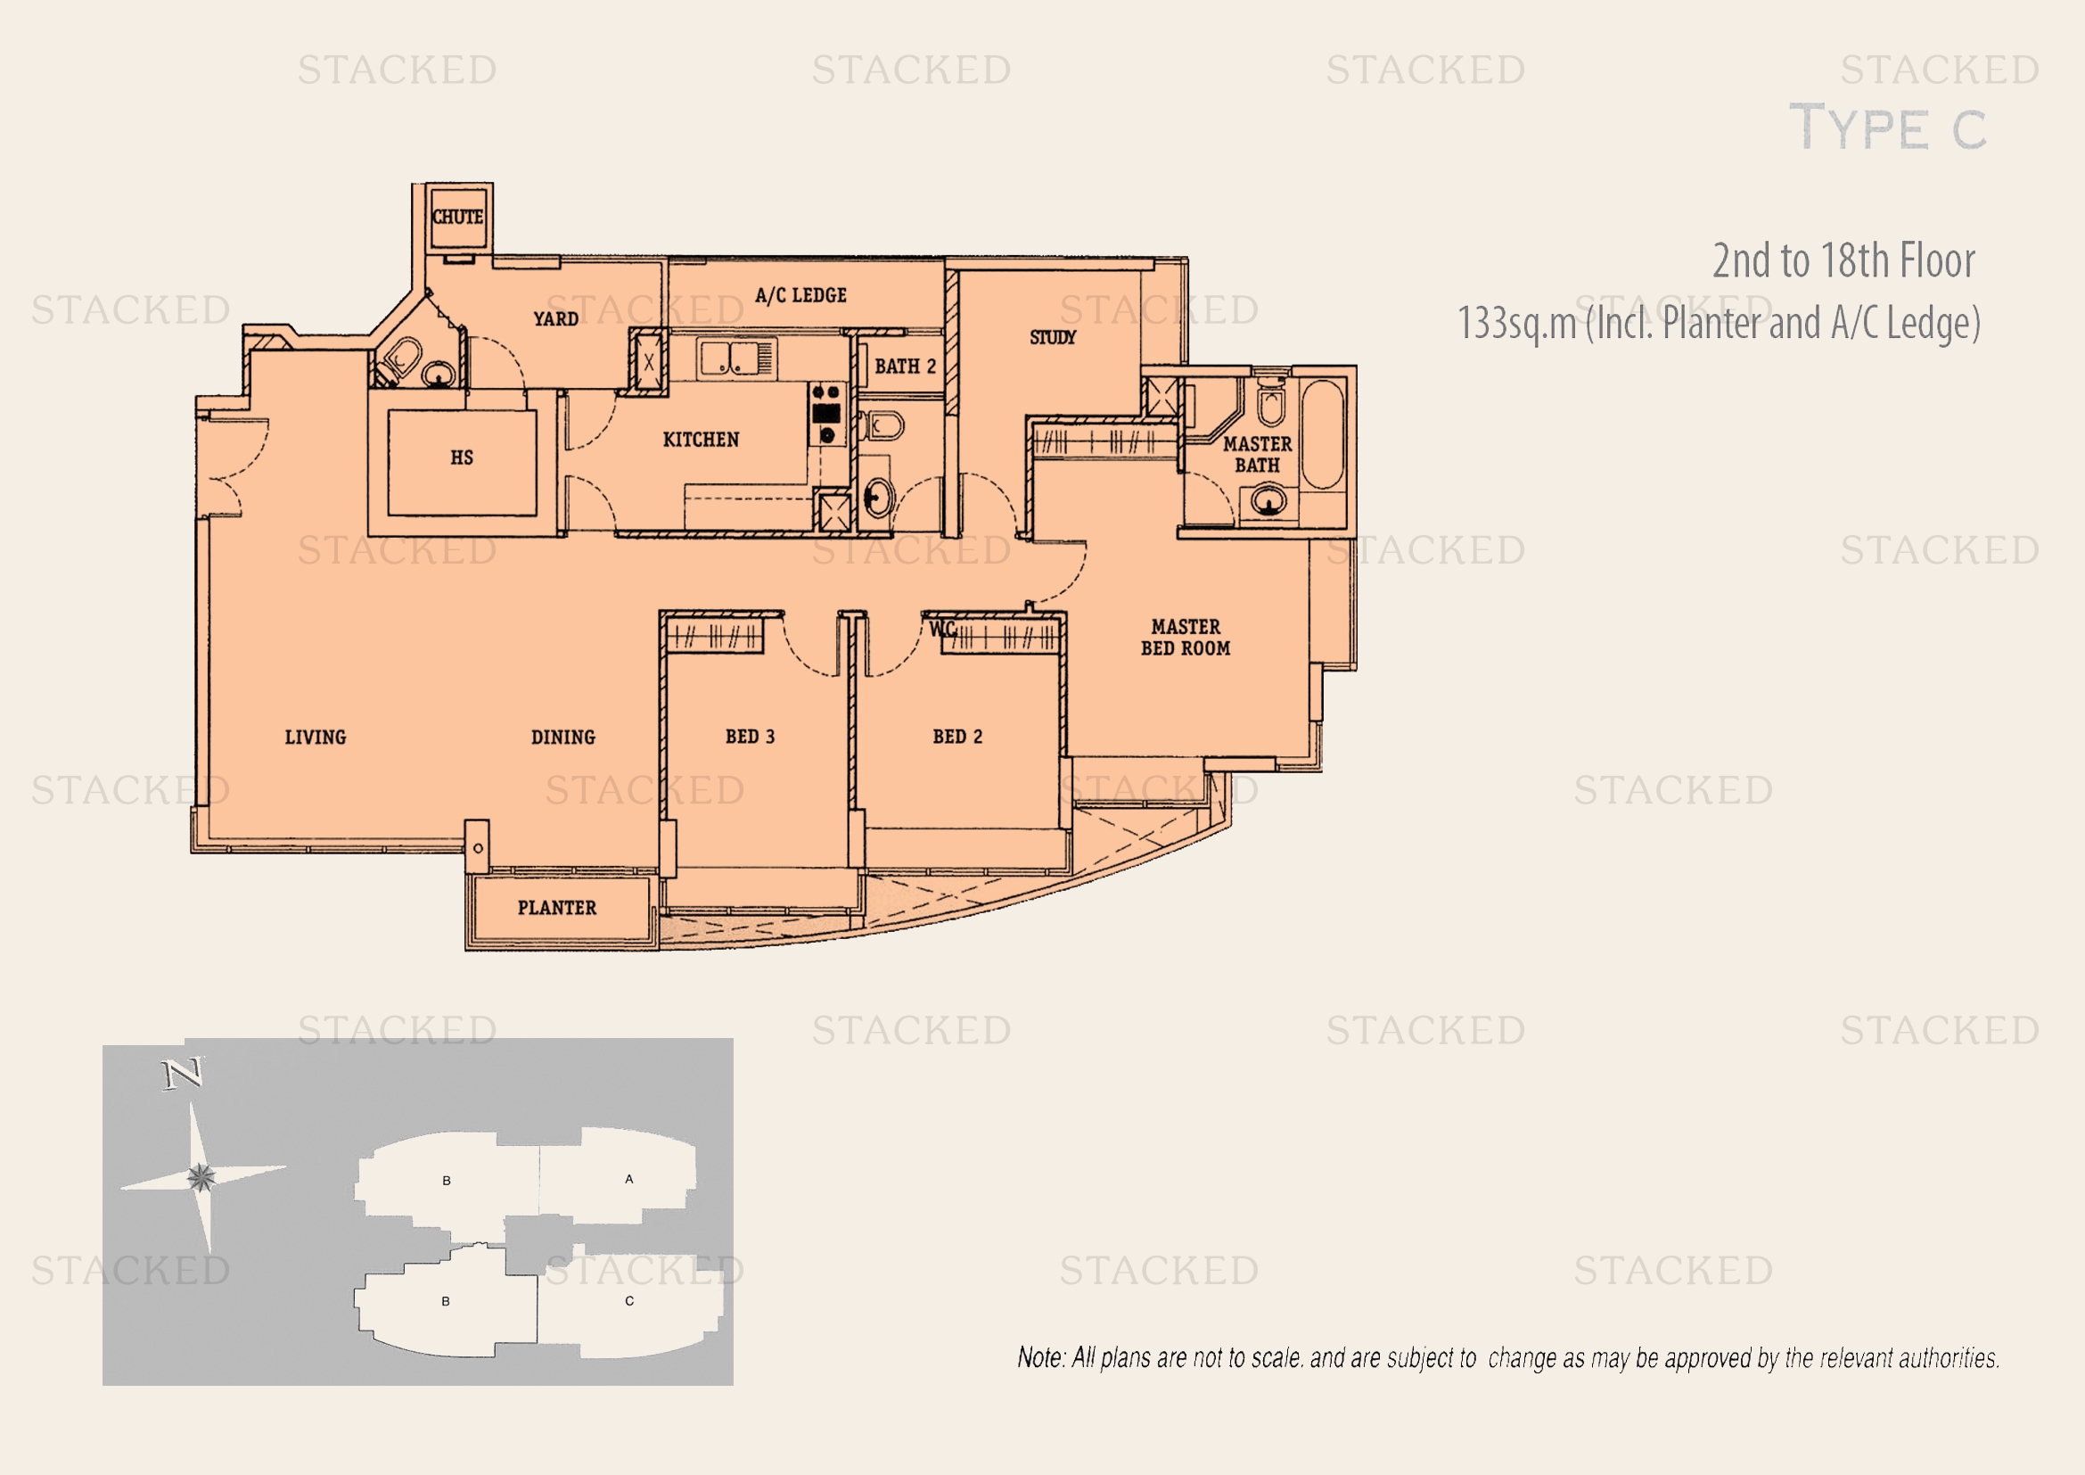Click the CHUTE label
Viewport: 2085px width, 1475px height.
pos(457,217)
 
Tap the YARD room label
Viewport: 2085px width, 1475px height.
pos(555,318)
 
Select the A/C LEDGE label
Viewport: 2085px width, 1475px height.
pos(801,295)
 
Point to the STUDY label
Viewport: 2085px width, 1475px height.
pos(1053,337)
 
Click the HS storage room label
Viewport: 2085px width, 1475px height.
pos(462,457)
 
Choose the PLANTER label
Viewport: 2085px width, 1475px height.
pos(556,907)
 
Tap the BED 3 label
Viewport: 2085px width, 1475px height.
pos(750,737)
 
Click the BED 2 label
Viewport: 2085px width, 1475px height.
pos(957,737)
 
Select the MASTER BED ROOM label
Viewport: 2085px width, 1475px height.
pos(1186,638)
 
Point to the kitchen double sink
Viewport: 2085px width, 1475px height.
pos(736,357)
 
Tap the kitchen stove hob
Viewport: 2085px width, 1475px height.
pos(826,413)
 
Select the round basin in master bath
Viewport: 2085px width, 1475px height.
pos(1268,500)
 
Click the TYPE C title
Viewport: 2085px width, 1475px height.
pos(1888,128)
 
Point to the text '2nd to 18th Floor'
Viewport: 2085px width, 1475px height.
pos(1843,260)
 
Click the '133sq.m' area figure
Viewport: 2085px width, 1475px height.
pos(1516,324)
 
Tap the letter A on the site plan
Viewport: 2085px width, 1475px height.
pos(629,1179)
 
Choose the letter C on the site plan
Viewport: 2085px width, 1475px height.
pos(629,1300)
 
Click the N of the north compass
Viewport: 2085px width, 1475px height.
pos(184,1075)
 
